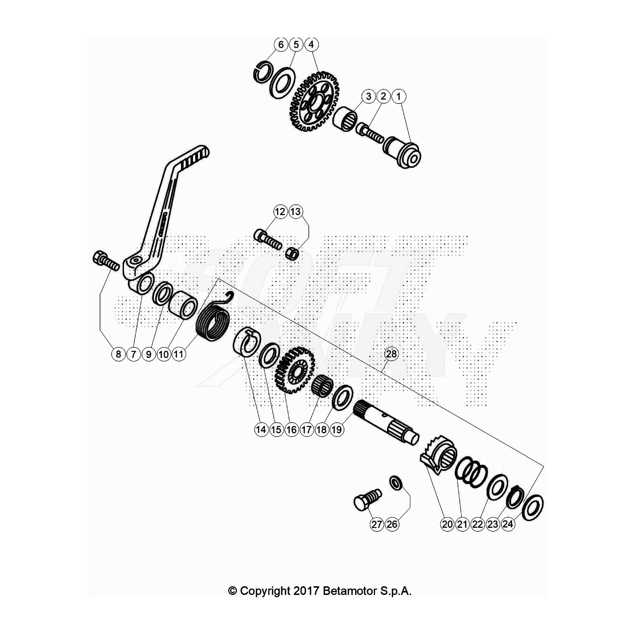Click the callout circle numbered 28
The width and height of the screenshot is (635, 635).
[x=391, y=354]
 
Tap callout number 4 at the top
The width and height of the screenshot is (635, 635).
[x=311, y=44]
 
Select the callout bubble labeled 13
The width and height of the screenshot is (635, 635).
[x=295, y=212]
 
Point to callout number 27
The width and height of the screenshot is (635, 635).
[x=377, y=524]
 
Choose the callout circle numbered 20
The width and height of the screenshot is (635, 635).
[x=447, y=524]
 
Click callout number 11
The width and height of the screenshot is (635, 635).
[x=179, y=354]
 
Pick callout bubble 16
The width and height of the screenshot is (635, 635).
[x=291, y=429]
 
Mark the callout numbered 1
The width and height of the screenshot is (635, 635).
[x=398, y=96]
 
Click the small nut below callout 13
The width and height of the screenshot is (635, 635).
[x=292, y=253]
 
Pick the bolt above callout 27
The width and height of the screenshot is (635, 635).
[x=367, y=500]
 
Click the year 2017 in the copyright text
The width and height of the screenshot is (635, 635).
[x=306, y=591]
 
